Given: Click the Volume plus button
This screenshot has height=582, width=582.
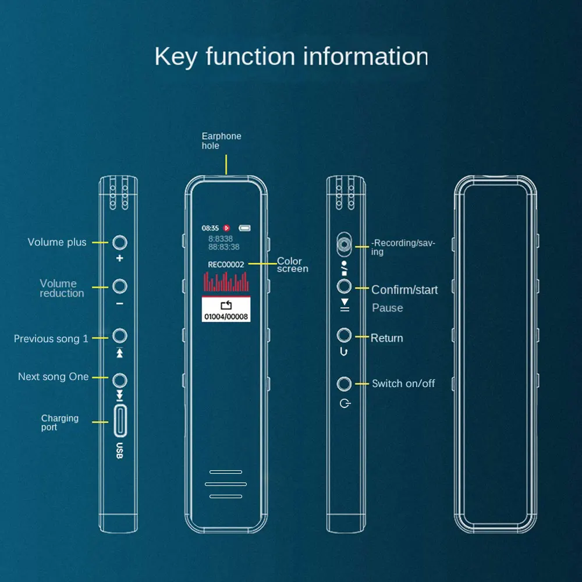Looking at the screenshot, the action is (120, 242).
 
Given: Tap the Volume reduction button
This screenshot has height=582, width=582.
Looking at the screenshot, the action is (120, 286).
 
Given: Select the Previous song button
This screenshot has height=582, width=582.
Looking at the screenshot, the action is (120, 336).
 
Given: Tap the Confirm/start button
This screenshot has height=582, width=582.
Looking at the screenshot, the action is (345, 286).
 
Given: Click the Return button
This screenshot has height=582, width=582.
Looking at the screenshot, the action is (345, 335).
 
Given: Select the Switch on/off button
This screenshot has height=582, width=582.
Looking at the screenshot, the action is (345, 384).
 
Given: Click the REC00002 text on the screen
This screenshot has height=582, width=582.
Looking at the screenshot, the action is (226, 264).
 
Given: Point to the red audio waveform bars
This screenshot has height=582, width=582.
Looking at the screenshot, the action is (226, 282).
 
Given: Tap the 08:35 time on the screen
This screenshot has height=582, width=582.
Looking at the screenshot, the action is (210, 228).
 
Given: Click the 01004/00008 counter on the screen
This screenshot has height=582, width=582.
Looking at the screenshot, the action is (226, 317).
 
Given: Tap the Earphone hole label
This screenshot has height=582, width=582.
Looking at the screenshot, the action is (221, 141).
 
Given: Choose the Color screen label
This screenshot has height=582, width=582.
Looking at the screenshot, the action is (292, 265).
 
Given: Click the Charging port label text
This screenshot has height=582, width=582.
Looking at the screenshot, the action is (59, 423).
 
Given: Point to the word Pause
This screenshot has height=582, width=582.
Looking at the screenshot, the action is (388, 308).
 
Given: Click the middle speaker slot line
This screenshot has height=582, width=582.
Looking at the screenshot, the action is (226, 484).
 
